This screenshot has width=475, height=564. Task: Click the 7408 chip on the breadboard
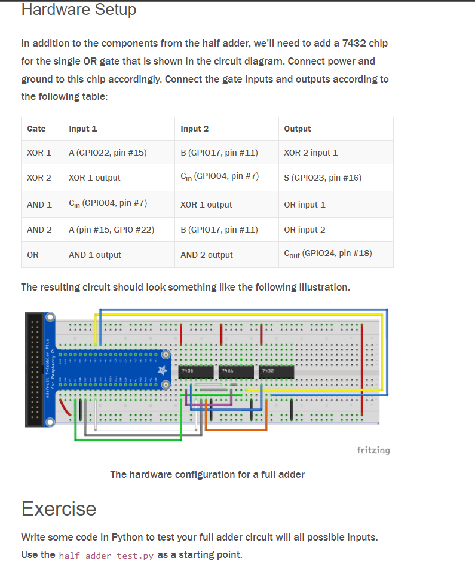click(197, 372)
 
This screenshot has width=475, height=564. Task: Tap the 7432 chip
click(276, 372)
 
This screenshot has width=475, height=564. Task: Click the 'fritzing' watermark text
click(373, 450)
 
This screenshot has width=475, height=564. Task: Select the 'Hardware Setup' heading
click(79, 10)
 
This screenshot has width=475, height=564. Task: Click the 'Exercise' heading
click(59, 508)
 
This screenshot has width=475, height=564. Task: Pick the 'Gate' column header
click(36, 129)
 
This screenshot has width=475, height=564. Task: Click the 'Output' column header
click(298, 129)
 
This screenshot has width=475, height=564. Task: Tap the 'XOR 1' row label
click(39, 153)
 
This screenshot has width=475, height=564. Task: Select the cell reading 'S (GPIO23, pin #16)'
click(323, 178)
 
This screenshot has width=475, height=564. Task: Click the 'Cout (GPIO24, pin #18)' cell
click(328, 254)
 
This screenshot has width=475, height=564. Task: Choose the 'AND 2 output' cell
click(207, 255)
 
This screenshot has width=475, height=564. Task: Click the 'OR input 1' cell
click(305, 205)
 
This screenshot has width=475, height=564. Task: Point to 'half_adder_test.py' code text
click(106, 556)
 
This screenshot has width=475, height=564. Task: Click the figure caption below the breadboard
click(207, 474)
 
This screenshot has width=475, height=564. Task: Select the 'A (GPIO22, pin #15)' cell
click(108, 153)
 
